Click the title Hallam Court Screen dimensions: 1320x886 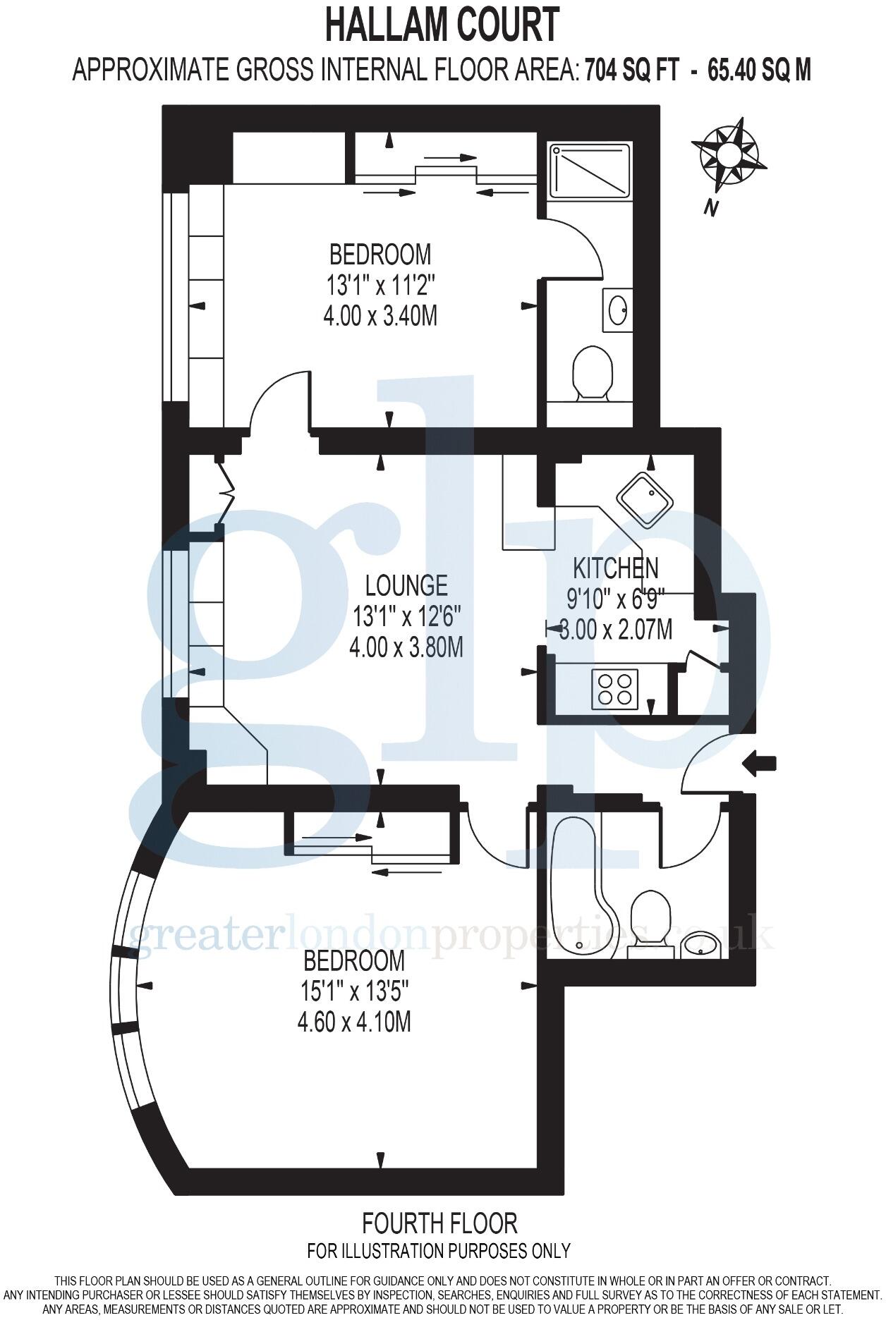[x=442, y=27]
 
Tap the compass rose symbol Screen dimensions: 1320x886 [x=729, y=154]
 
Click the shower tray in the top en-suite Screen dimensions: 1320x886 [x=590, y=170]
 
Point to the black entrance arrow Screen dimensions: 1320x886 [x=759, y=763]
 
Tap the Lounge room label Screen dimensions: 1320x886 [x=406, y=585]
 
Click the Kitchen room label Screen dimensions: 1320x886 [x=615, y=568]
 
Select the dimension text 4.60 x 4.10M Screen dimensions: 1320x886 [x=354, y=1021]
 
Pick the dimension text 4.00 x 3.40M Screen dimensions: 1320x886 [x=380, y=316]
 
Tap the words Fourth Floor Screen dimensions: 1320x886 [x=439, y=728]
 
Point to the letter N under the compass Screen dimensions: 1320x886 [x=711, y=207]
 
